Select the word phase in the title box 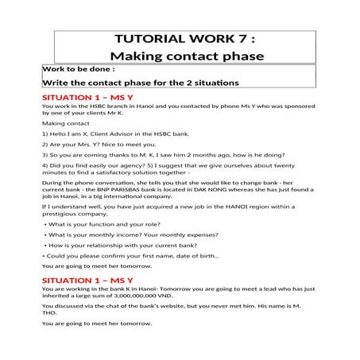(230, 56)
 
